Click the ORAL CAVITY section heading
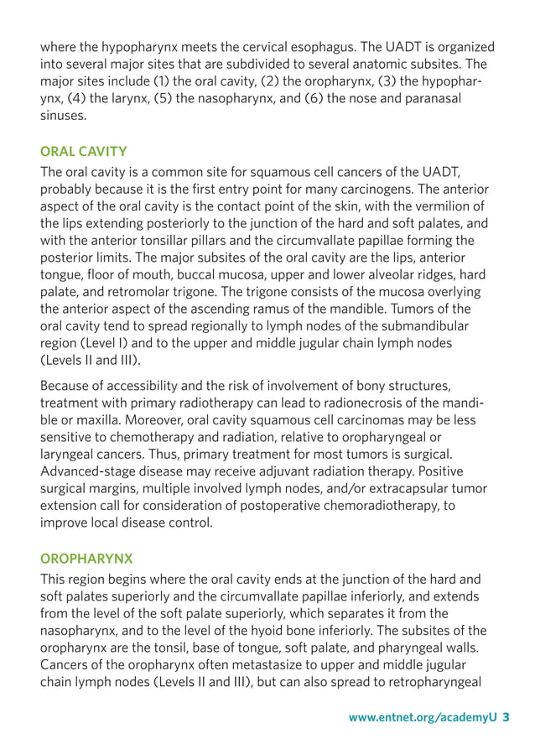tap(84, 152)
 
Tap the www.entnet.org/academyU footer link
tap(423, 718)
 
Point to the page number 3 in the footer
tap(506, 718)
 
